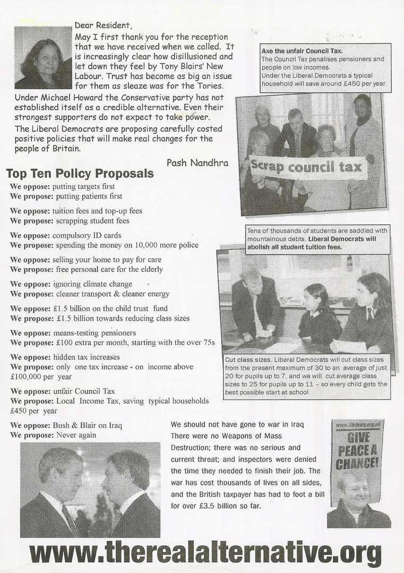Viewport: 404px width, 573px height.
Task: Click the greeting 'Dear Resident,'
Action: [x=103, y=25]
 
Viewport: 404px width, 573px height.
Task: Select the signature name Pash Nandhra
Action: [x=197, y=162]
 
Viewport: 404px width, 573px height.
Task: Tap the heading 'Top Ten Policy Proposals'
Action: [x=80, y=174]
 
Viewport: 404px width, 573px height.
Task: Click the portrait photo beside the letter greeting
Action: [x=43, y=58]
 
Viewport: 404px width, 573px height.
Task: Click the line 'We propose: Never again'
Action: [x=53, y=435]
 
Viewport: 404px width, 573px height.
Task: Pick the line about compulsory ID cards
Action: [x=65, y=236]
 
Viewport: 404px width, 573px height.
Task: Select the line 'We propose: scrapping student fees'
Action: [x=70, y=221]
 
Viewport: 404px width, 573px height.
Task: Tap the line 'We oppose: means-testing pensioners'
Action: [x=73, y=333]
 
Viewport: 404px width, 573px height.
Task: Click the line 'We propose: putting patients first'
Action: [x=66, y=196]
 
